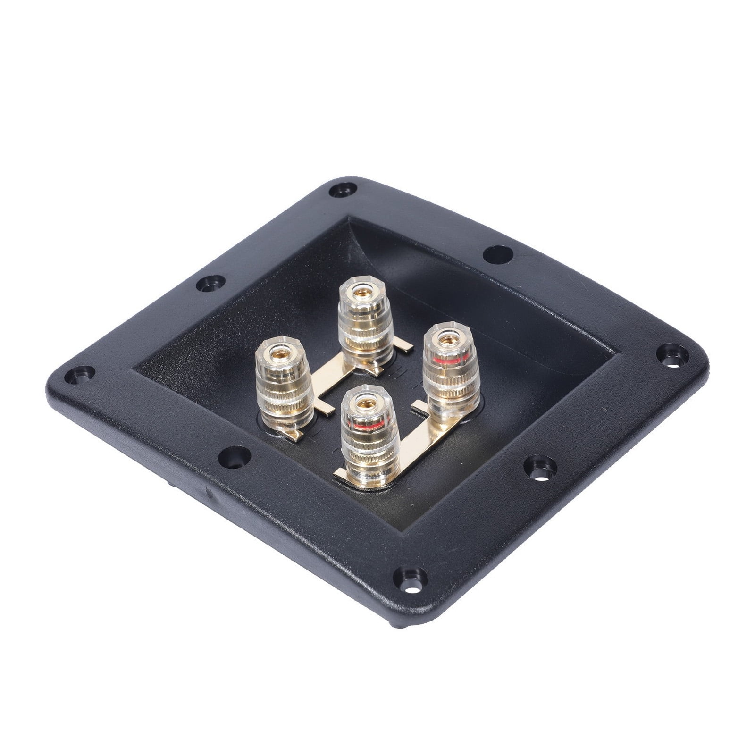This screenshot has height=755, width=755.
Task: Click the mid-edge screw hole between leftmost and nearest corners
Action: coord(233,454)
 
